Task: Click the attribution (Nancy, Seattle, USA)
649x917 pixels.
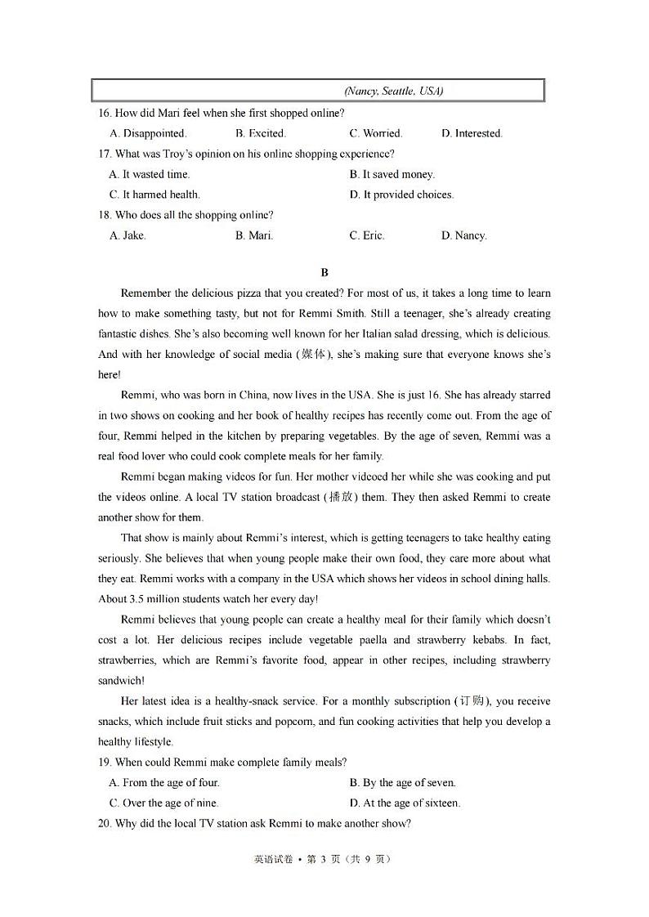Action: tap(394, 91)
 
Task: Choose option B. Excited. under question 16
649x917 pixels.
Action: tap(261, 133)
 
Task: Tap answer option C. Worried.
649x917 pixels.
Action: tap(376, 133)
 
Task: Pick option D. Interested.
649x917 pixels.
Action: tap(472, 133)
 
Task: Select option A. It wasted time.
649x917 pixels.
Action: tap(150, 174)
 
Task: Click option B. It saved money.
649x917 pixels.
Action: tap(392, 174)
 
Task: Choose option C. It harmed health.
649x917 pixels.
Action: tap(154, 195)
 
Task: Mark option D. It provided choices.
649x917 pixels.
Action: tap(401, 195)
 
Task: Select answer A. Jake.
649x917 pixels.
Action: tap(128, 235)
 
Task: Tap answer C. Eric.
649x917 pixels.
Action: tap(367, 235)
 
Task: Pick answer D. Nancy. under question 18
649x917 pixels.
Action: tap(463, 235)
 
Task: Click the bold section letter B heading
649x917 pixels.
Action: tap(324, 273)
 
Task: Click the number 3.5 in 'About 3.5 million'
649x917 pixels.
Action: tap(138, 599)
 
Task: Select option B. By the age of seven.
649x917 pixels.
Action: tap(402, 783)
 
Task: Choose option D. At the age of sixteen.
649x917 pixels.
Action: tap(405, 803)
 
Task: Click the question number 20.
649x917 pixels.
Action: tap(105, 824)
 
